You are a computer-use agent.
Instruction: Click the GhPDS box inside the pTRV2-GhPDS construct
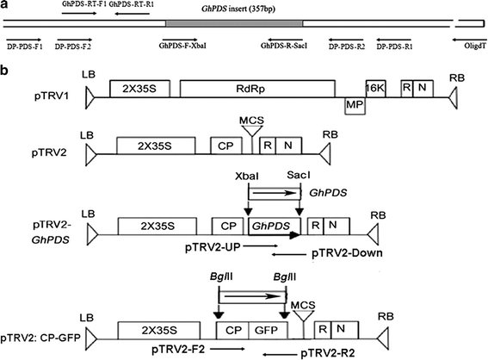click(268, 227)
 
